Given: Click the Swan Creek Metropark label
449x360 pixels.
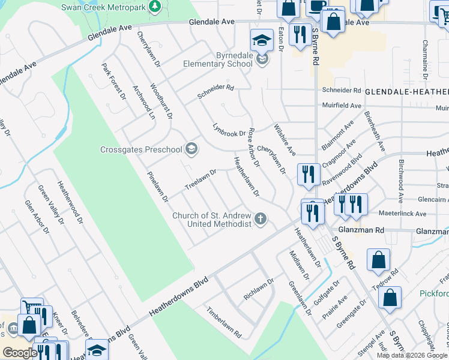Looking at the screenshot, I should tap(103, 7).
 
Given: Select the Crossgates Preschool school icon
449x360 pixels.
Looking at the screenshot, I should tap(191, 148).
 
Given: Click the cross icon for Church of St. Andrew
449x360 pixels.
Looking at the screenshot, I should tap(261, 218).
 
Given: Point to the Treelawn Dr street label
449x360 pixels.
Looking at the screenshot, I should tap(200, 178).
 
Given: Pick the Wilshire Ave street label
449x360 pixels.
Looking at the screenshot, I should tap(285, 140).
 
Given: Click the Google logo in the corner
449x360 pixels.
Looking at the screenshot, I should tap(20, 353).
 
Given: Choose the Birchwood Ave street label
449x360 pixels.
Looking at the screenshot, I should tap(400, 178).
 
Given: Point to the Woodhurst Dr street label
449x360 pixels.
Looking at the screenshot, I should tap(161, 100).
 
